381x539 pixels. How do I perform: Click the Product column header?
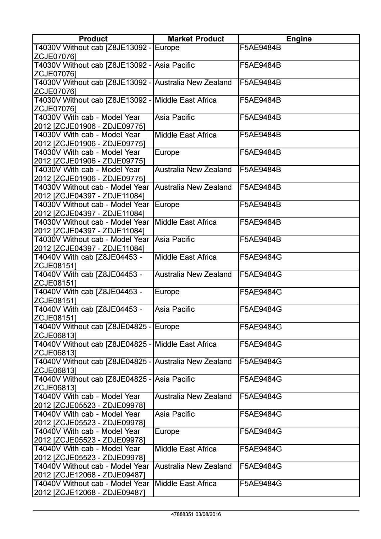click(x=93, y=39)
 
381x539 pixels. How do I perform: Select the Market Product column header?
click(x=196, y=39)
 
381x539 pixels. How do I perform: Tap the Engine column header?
click(x=299, y=39)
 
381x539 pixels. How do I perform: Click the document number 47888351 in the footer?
click(x=183, y=515)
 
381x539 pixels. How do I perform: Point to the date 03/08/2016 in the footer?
click(x=209, y=515)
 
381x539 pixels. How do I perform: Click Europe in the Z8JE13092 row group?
click(x=167, y=48)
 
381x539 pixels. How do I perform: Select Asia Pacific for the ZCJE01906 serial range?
click(x=174, y=117)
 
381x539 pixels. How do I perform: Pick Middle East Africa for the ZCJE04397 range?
click(x=186, y=222)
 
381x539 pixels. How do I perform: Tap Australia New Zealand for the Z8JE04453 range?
click(x=193, y=274)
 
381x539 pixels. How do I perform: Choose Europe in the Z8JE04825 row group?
click(x=167, y=327)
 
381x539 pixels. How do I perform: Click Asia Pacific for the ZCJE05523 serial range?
click(x=174, y=414)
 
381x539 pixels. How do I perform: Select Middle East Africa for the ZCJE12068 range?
click(x=186, y=484)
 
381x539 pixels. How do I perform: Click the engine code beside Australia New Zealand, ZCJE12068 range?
click(x=260, y=466)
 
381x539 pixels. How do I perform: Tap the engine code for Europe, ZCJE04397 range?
click(x=260, y=205)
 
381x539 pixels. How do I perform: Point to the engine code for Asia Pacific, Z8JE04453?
click(x=260, y=309)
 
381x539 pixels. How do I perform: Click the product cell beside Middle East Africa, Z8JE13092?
click(x=92, y=104)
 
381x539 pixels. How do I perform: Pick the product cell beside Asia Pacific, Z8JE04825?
click(x=92, y=383)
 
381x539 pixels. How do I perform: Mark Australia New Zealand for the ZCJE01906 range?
click(x=193, y=170)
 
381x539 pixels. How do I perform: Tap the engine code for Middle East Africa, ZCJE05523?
click(x=260, y=449)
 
